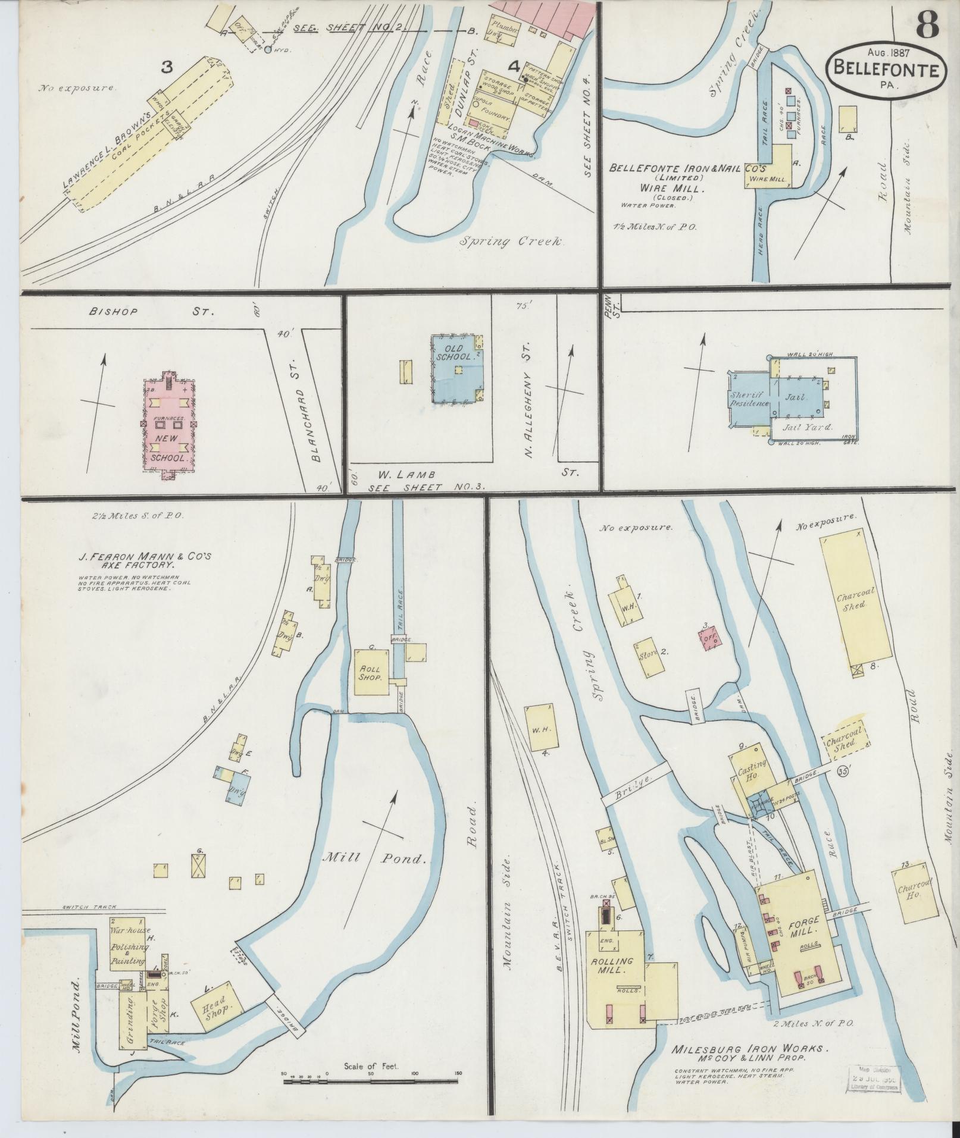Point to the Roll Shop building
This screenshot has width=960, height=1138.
click(372, 673)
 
